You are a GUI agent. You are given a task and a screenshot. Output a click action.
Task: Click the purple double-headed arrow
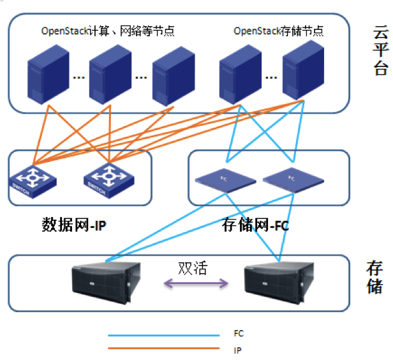[x=195, y=283]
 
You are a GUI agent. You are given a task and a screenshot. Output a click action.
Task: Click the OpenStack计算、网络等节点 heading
[x=108, y=31]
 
